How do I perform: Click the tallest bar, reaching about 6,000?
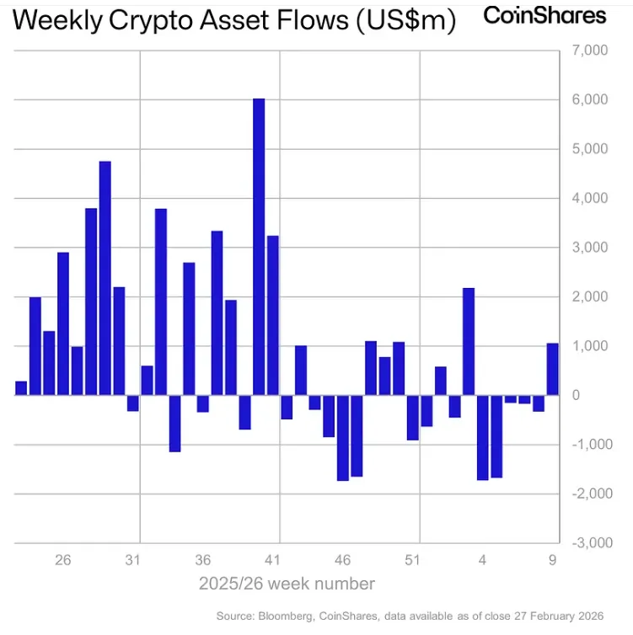point(259,247)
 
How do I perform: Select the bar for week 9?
point(553,370)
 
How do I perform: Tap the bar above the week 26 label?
point(63,323)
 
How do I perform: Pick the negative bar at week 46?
point(342,438)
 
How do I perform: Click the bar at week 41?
point(273,315)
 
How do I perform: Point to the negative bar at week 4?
point(483,438)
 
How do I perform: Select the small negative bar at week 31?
point(133,403)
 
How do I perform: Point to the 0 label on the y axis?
point(577,395)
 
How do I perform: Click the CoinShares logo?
point(544,15)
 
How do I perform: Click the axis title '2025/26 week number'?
point(287,584)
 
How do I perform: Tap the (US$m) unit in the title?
point(405,23)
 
